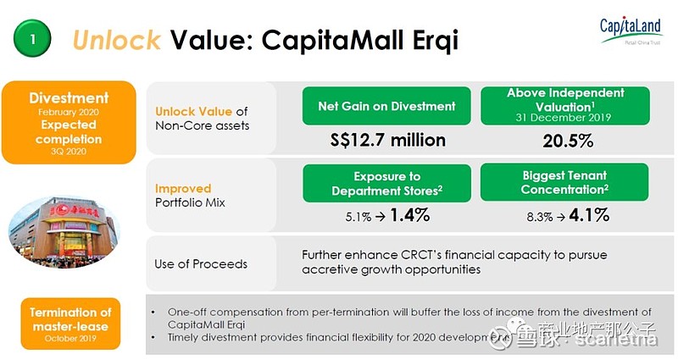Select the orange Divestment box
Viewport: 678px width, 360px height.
69,122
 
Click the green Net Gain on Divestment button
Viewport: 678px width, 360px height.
386,106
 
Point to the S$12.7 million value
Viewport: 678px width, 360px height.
386,139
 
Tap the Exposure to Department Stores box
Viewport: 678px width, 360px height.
387,183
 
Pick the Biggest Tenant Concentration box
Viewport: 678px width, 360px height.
565,183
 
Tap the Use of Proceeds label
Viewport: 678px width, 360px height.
201,263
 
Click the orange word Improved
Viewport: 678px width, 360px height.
183,188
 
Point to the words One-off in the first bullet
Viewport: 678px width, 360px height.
187,311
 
